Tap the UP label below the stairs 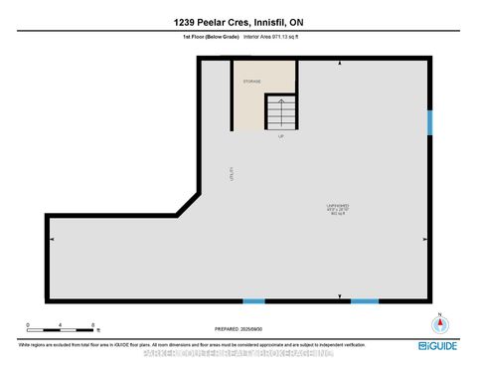281,136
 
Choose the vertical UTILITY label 231,173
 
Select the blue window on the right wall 430,121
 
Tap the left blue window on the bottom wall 254,300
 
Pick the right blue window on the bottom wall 365,300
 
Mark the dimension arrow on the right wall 425,240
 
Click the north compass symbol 434,323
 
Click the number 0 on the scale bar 30,325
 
